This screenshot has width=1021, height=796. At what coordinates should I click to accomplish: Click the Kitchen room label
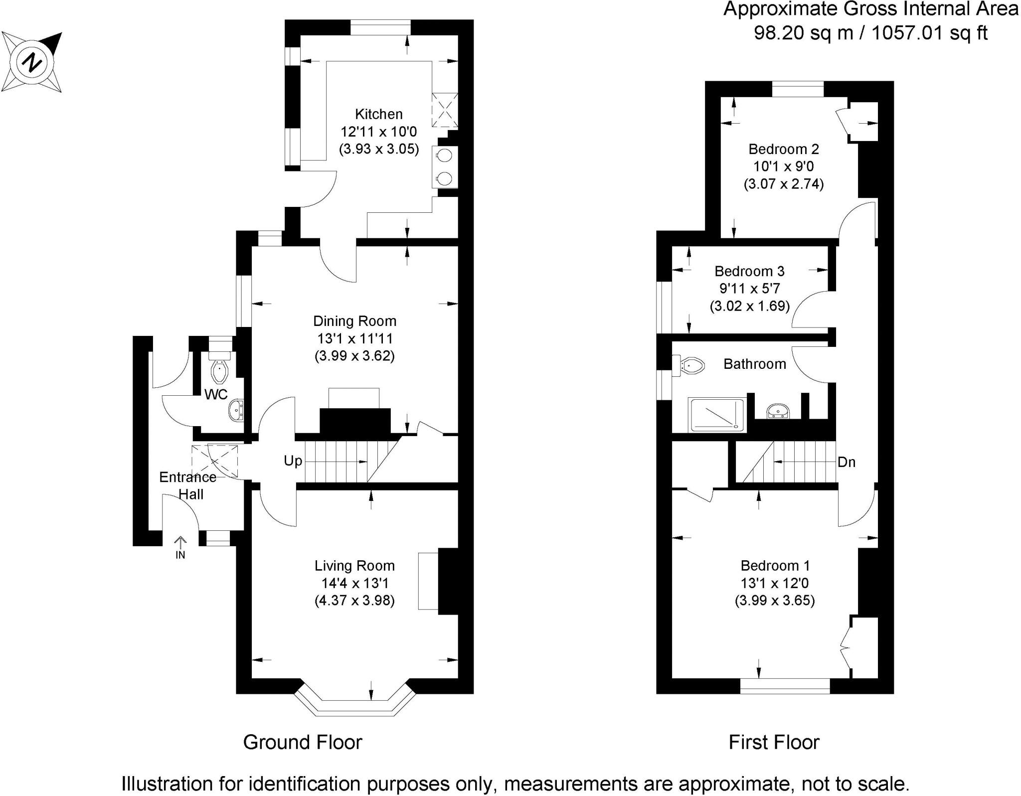click(378, 114)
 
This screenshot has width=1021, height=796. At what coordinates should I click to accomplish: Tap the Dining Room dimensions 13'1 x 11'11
click(354, 338)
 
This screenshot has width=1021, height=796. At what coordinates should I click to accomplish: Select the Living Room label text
click(354, 566)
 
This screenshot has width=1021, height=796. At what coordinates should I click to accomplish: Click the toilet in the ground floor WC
click(219, 369)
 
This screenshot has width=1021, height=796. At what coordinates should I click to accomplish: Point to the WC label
click(216, 395)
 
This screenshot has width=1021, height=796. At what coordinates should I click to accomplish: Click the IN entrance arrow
click(180, 543)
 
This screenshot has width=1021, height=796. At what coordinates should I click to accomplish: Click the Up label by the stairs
click(293, 461)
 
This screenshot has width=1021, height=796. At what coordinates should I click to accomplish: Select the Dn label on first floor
click(846, 462)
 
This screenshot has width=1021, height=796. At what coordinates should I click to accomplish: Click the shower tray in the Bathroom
click(716, 415)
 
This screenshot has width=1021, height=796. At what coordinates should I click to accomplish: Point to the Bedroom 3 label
click(749, 271)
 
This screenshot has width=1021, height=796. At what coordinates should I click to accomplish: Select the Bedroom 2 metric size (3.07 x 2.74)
click(783, 184)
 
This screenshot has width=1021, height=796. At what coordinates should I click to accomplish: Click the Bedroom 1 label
click(775, 566)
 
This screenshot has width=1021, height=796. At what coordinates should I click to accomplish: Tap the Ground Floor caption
click(302, 742)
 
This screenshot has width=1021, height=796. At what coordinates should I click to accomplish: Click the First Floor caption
click(773, 742)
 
